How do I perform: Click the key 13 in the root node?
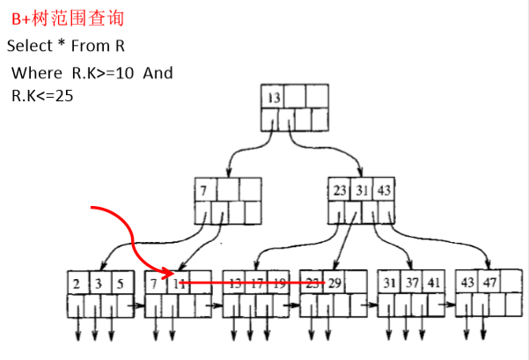click(x=272, y=96)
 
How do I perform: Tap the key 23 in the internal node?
click(x=340, y=189)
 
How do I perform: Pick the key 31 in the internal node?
click(x=362, y=189)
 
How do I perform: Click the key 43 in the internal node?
click(x=384, y=189)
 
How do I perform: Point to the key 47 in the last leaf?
click(x=489, y=283)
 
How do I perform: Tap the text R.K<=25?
click(x=42, y=95)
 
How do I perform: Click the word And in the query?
click(x=158, y=72)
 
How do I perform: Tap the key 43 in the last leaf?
click(x=467, y=283)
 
